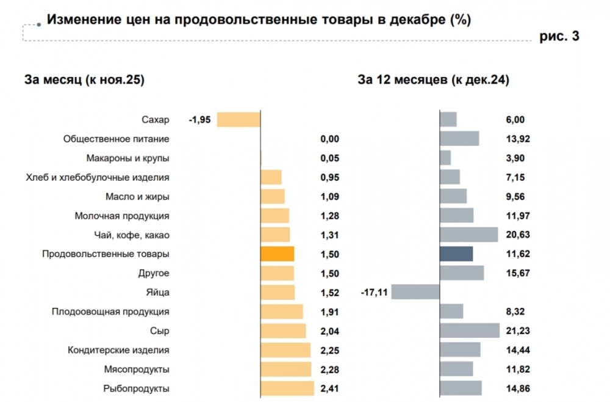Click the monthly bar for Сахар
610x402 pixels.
(x=239, y=120)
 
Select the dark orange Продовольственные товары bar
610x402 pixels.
(x=277, y=254)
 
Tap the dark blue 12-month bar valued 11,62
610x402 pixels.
(x=456, y=254)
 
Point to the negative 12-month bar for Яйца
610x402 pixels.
(x=415, y=293)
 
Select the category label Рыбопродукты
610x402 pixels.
(x=137, y=389)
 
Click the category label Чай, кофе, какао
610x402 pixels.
(x=129, y=235)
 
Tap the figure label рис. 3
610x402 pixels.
(x=559, y=37)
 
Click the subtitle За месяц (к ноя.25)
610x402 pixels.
(x=84, y=80)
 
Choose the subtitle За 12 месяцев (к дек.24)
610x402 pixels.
(x=433, y=80)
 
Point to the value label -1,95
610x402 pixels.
(x=199, y=120)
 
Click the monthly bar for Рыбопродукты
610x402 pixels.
(x=287, y=389)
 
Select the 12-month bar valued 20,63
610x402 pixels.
(x=468, y=235)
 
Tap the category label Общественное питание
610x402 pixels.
(x=116, y=139)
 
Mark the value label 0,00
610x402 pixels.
(x=329, y=139)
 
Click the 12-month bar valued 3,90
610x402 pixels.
(x=445, y=158)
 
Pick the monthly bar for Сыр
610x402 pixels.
(x=283, y=331)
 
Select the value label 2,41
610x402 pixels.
(x=329, y=389)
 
